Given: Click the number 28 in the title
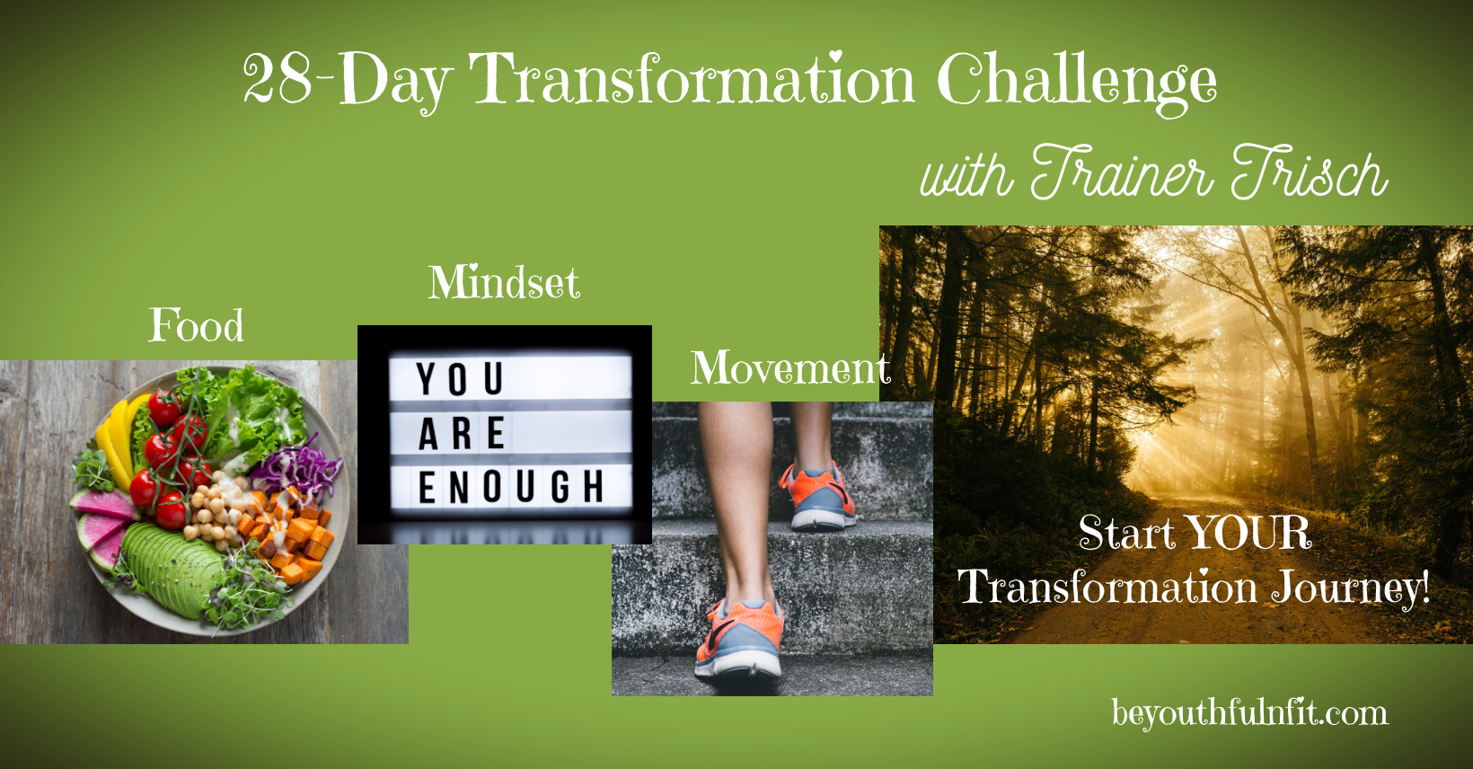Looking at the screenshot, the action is [277, 79].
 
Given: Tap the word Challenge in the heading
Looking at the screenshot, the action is [1077, 83].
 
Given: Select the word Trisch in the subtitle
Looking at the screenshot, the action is [1310, 172].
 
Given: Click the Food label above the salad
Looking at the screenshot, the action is [196, 325].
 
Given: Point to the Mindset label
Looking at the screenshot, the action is [505, 282].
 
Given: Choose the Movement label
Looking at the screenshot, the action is [790, 367].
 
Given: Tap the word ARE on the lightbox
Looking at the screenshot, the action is [462, 433].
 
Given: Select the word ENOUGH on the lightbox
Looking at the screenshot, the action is [511, 487].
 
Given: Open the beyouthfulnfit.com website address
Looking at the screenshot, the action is [1250, 713].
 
